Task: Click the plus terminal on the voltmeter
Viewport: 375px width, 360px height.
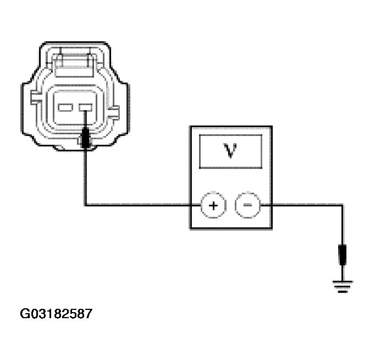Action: click(x=214, y=205)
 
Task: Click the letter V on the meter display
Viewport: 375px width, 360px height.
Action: click(x=230, y=150)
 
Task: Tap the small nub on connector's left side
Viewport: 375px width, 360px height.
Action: click(x=34, y=99)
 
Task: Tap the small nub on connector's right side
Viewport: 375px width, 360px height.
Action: click(x=115, y=113)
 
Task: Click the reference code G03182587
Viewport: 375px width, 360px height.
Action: click(x=57, y=314)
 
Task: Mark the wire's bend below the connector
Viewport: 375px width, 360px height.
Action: click(x=85, y=205)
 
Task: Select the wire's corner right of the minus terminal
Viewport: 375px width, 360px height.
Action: click(x=342, y=205)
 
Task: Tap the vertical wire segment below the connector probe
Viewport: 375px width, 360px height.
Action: click(x=85, y=176)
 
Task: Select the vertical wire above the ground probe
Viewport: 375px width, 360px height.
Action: click(x=342, y=226)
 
